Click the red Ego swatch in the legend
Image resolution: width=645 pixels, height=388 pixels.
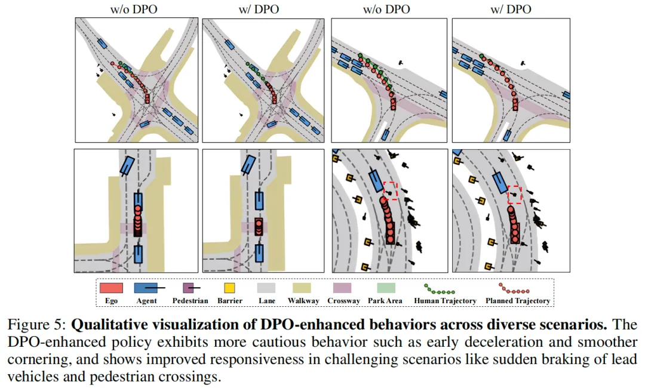[x=112, y=288]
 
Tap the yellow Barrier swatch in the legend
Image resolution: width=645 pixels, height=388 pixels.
[x=230, y=288]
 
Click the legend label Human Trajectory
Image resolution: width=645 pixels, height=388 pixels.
[x=445, y=301]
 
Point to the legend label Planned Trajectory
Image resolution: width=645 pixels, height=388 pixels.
[x=517, y=301]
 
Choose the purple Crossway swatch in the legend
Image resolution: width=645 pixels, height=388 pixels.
[x=344, y=288]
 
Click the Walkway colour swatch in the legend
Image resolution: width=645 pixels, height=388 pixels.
[x=303, y=288]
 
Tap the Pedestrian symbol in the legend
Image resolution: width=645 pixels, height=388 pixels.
[x=189, y=288]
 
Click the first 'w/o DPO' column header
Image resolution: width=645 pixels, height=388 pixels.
[x=134, y=9]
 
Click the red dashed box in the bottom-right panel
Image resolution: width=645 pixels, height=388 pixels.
[x=514, y=195]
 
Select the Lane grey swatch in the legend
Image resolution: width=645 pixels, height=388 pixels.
[x=266, y=288]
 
